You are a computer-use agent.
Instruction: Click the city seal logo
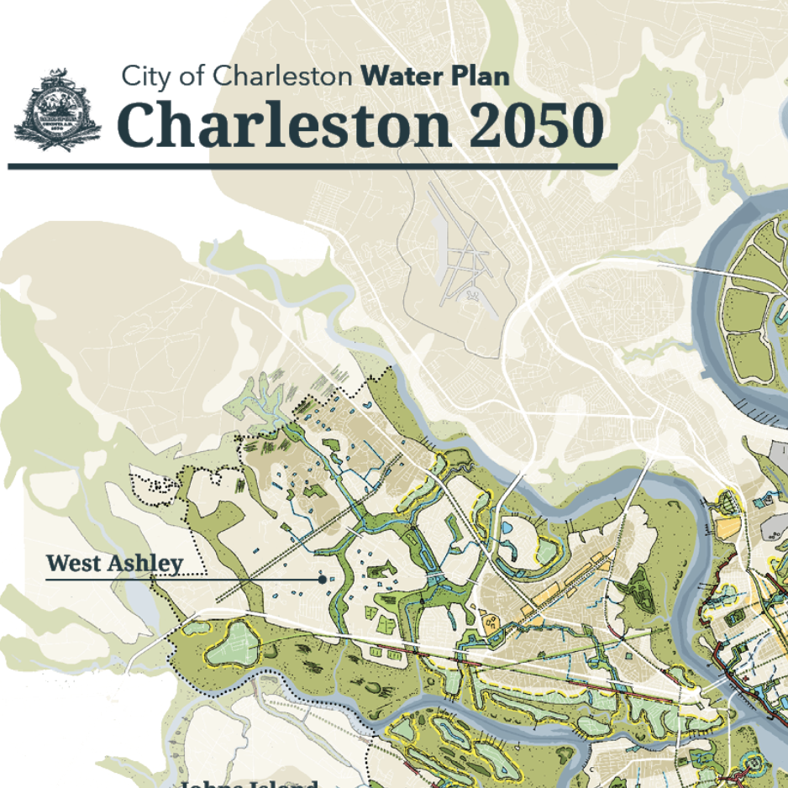click(57, 110)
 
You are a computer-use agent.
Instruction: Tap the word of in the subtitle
click(192, 76)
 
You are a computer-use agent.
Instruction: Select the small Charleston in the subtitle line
click(281, 76)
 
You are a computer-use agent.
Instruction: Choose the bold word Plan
click(479, 76)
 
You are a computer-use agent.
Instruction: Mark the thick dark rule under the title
click(313, 166)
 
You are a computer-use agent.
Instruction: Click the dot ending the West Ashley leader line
click(323, 579)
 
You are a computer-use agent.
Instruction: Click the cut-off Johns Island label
click(249, 784)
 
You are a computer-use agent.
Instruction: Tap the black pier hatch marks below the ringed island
click(760, 411)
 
